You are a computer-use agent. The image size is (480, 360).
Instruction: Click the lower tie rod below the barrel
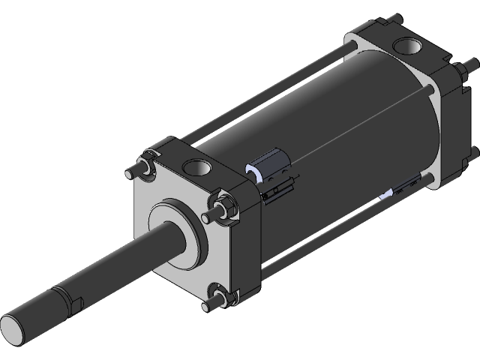click(x=322, y=232)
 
